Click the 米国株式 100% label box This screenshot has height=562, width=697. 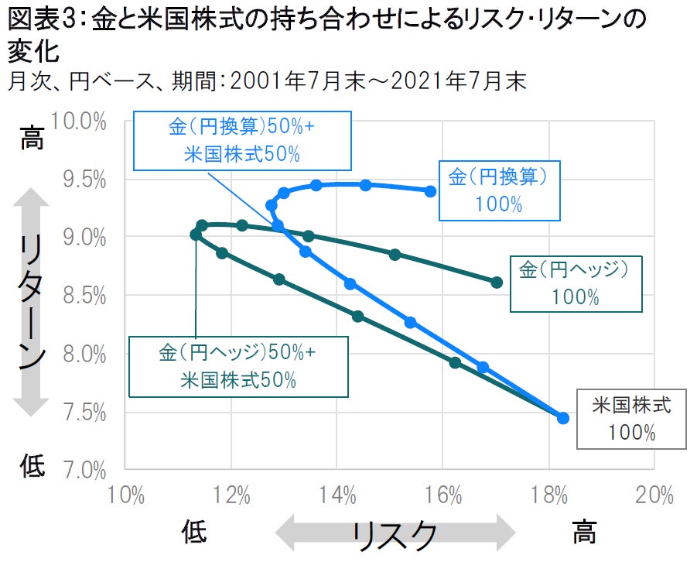[631, 418]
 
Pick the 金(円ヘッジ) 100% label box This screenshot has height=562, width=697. [576, 283]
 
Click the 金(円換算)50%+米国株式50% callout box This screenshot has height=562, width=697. [241, 140]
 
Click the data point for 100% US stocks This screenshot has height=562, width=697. [563, 418]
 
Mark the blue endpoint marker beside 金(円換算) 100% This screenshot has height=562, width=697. [431, 190]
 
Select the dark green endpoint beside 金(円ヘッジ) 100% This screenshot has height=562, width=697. [497, 283]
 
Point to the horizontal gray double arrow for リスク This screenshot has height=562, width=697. [395, 533]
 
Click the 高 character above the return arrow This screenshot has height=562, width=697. [32, 139]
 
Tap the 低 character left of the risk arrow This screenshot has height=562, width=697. [194, 533]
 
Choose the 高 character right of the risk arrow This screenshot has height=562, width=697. [584, 533]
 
